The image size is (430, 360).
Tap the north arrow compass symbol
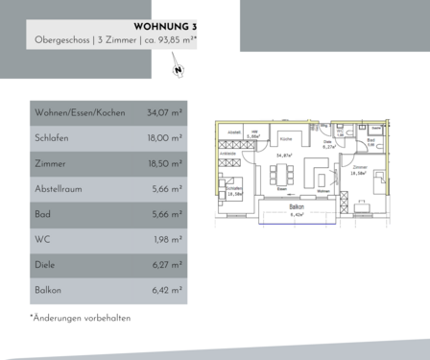coord(179,68)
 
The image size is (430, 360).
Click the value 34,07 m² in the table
coord(164,112)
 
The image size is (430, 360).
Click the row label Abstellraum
coord(59,189)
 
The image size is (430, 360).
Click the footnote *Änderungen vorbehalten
coord(80,318)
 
